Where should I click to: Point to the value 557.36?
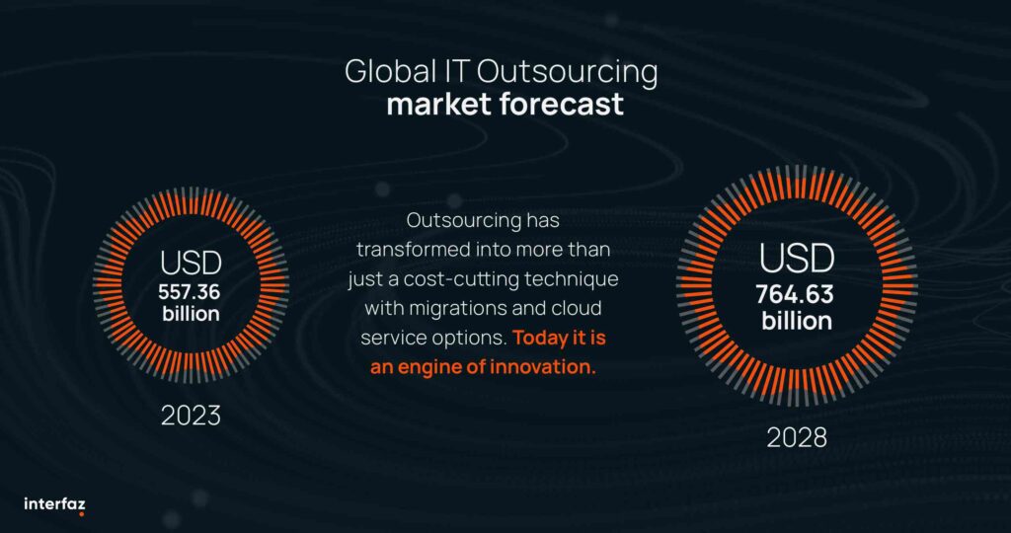pyautogui.click(x=190, y=292)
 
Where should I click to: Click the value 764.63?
pyautogui.click(x=795, y=295)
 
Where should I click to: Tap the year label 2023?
pyautogui.click(x=191, y=416)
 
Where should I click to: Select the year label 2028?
pyautogui.click(x=797, y=438)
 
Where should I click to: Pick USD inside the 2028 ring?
pyautogui.click(x=797, y=259)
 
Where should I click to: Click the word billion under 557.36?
pyautogui.click(x=191, y=314)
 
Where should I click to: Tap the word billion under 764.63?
pyautogui.click(x=797, y=321)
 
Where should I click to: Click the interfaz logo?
pyautogui.click(x=55, y=504)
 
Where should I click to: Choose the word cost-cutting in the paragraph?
pyautogui.click(x=473, y=280)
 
